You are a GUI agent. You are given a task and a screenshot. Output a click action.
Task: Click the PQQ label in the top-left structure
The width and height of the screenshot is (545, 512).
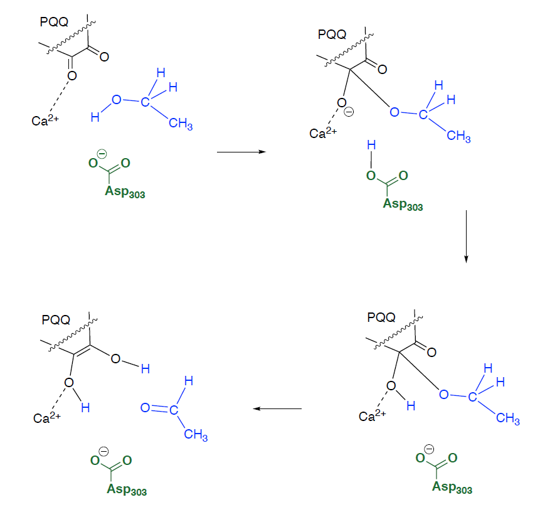[x=54, y=23]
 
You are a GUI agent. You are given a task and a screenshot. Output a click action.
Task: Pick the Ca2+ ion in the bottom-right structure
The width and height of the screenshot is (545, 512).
[x=373, y=415]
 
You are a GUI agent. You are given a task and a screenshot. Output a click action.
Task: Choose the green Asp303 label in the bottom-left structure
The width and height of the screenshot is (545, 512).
[x=126, y=489]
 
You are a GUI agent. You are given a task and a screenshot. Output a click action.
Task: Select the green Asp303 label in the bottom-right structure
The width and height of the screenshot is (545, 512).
[x=452, y=487]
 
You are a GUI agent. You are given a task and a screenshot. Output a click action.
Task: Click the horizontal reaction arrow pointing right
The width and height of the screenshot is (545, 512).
[x=241, y=152]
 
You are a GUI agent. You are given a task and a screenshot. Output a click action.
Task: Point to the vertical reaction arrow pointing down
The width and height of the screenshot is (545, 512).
[x=466, y=237]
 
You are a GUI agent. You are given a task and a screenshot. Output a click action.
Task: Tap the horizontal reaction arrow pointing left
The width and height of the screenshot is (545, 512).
[x=277, y=409]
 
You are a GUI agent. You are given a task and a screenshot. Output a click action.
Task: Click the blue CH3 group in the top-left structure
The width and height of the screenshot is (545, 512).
[x=181, y=124]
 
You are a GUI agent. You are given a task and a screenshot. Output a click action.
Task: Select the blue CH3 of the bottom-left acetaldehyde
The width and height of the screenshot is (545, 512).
[x=196, y=436]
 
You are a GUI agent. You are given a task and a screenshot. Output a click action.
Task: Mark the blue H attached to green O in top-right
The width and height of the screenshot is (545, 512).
[x=371, y=145]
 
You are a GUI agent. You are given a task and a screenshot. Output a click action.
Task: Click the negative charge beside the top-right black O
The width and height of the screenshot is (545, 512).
[x=350, y=112]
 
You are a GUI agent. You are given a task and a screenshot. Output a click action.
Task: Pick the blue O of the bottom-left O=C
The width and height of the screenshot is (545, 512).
[x=145, y=408]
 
